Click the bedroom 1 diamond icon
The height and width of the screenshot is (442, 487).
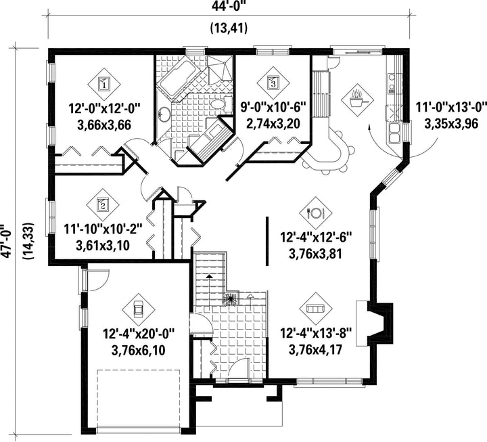104,83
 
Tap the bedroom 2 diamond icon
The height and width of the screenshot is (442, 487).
103,204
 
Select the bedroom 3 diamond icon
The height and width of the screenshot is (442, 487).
273,83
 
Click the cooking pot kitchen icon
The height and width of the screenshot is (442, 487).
357,99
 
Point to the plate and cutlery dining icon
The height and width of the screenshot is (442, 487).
316,213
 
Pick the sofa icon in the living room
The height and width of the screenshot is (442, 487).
316,309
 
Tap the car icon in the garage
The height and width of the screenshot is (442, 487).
138,309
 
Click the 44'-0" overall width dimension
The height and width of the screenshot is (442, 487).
229,6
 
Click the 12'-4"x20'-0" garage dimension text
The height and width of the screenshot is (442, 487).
139,334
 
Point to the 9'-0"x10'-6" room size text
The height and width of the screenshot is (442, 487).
274,108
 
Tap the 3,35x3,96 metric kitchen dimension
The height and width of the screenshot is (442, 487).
451,124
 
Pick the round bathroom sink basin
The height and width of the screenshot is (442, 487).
164,114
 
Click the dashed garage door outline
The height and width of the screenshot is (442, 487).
139,400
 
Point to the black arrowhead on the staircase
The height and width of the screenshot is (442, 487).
210,275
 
